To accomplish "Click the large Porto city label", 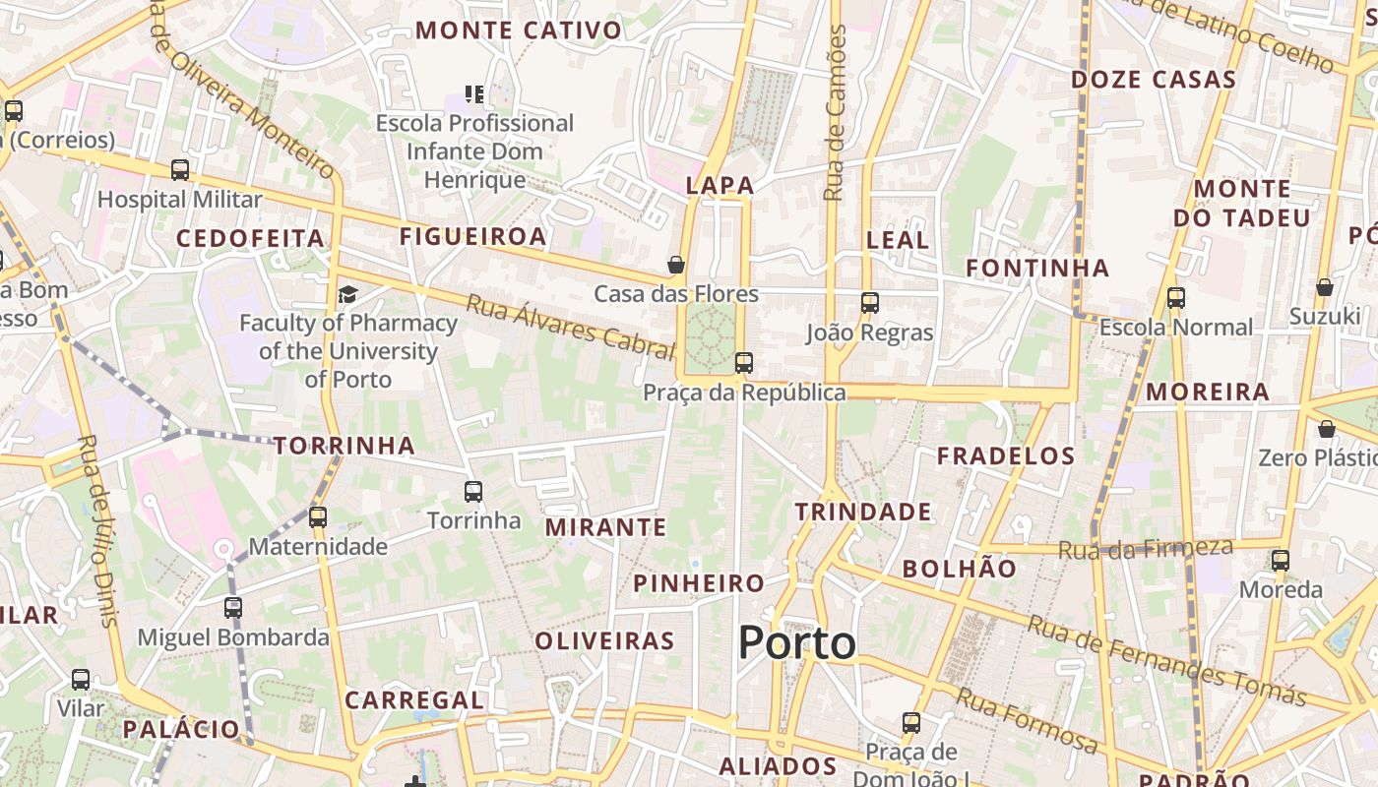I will [797, 643].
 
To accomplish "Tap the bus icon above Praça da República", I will [744, 363].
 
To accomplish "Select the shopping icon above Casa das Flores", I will [676, 265].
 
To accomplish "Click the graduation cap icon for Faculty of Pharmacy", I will [347, 294].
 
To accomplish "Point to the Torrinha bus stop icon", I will [473, 491].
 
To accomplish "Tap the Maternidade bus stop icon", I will [317, 516].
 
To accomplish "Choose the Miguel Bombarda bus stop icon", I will [233, 607].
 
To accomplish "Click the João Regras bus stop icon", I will [869, 302].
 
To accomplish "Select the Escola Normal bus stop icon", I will [1175, 297].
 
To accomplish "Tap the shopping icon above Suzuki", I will [1325, 286].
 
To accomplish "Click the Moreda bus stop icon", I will [1281, 560].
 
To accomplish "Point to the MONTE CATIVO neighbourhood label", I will [519, 30].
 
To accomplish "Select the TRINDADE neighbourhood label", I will [863, 512].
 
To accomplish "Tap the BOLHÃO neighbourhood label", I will [960, 568].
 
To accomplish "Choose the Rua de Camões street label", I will [836, 113].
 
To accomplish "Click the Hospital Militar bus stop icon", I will [180, 169].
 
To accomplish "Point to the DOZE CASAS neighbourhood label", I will [1153, 80].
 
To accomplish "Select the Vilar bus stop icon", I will [81, 679].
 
